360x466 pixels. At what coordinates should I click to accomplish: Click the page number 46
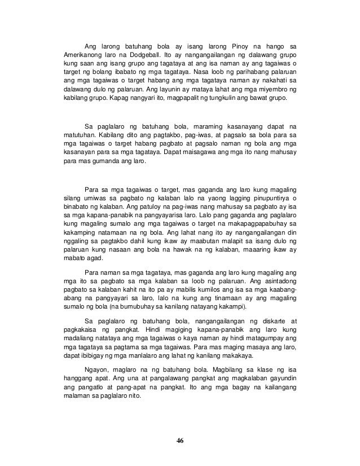[x=181, y=440]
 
